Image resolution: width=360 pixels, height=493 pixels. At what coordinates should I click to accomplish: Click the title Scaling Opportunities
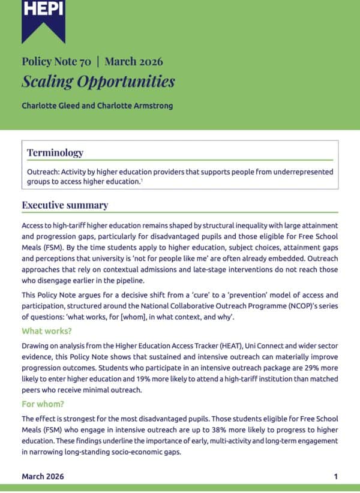98,81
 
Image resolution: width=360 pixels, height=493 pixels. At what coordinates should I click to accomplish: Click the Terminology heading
55,153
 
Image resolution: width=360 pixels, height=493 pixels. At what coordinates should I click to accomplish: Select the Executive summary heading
65,205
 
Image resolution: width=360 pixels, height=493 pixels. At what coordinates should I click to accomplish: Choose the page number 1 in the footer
336,476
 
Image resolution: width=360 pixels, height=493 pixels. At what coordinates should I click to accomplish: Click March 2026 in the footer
43,476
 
